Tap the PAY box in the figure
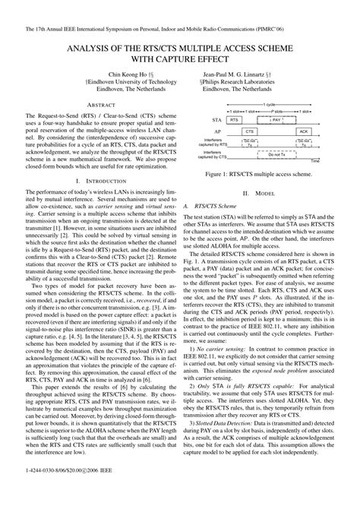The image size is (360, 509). pyautogui.click(x=277, y=120)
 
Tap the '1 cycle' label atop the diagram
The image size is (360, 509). pyautogui.click(x=270, y=103)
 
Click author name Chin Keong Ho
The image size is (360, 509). pyautogui.click(x=96, y=67)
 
